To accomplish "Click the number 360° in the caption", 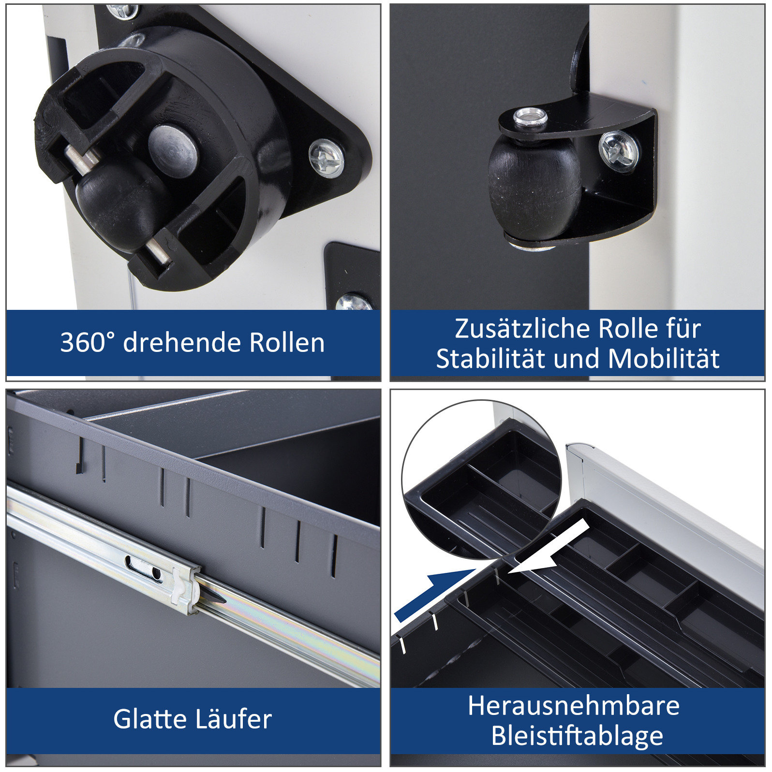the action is [x=88, y=342].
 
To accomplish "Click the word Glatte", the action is [x=150, y=718].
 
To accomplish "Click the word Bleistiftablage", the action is [x=577, y=736].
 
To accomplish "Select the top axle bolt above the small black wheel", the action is [x=530, y=118].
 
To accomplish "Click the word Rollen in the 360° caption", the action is [x=287, y=342].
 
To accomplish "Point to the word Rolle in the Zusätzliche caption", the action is [x=627, y=329].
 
